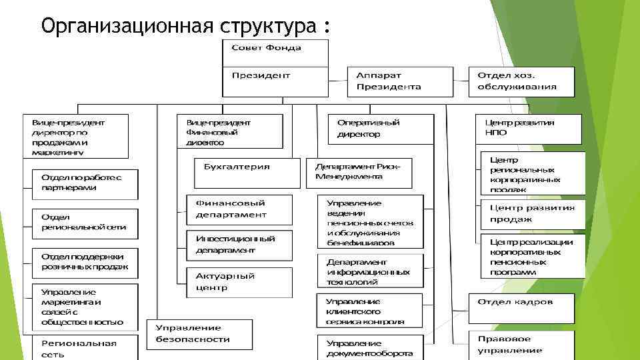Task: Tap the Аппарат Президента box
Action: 401,81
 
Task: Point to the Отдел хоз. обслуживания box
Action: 521,81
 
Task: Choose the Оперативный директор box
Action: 381,129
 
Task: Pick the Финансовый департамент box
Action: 239,209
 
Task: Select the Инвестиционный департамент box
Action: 239,244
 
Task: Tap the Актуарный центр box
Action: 239,281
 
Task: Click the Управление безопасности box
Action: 199,333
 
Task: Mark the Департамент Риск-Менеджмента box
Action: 358,171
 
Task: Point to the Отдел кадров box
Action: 521,307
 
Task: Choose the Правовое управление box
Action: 521,345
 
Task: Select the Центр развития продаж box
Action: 533,214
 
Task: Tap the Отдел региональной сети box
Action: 85,223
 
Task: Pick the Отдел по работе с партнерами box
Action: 85,183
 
